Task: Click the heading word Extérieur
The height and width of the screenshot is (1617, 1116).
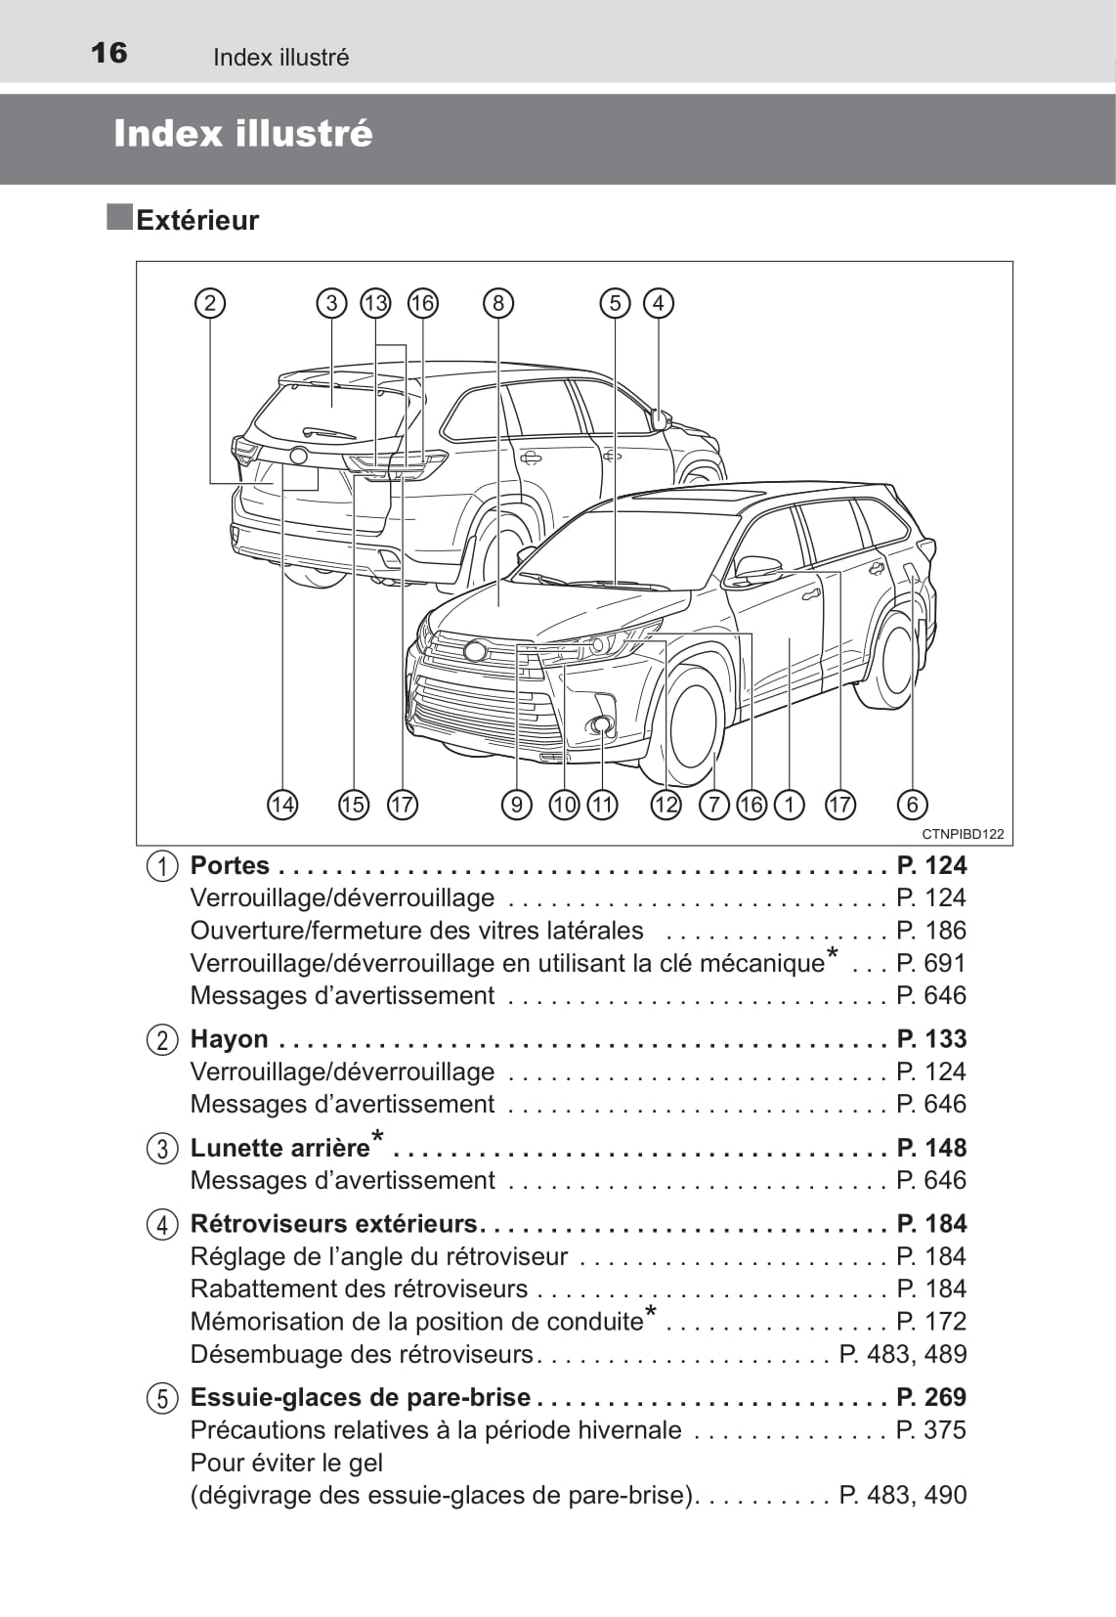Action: [x=197, y=220]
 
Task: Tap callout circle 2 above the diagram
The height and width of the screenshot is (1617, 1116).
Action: [x=210, y=303]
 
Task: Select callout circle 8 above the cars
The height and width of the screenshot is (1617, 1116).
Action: [x=498, y=303]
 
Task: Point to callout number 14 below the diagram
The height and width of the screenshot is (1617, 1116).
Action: [x=282, y=805]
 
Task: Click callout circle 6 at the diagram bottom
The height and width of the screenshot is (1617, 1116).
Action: [x=912, y=805]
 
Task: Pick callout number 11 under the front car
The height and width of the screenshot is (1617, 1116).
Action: [x=603, y=805]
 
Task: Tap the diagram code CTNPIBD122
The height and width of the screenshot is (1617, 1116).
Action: [x=963, y=834]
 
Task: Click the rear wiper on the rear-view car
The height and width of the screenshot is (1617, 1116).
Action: [x=328, y=432]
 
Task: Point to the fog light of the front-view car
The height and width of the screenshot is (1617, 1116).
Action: [x=601, y=724]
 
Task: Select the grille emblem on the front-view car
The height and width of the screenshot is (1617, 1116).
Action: [x=476, y=650]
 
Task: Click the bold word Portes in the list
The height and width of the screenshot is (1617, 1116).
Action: [x=230, y=865]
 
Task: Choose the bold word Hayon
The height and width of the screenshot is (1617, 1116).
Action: [x=229, y=1038]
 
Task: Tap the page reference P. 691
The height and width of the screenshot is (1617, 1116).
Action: [x=931, y=963]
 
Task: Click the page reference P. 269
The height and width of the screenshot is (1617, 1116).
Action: [x=931, y=1397]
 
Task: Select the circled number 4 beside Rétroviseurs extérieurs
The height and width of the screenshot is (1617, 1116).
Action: [x=162, y=1224]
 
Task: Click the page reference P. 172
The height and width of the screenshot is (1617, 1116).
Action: [x=931, y=1322]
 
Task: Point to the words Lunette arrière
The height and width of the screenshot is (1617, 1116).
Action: [x=279, y=1148]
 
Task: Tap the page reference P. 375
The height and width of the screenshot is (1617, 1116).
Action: [x=931, y=1429]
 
